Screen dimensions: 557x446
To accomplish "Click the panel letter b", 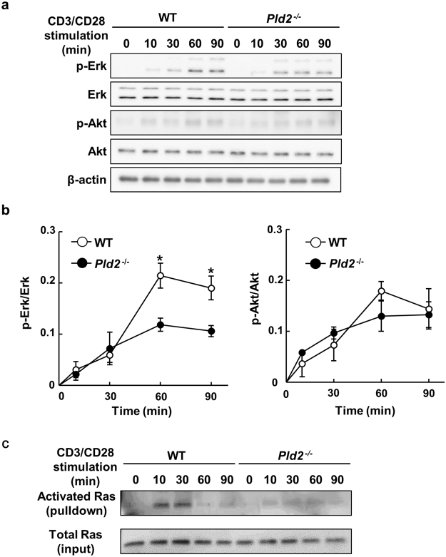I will point(6,212).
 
